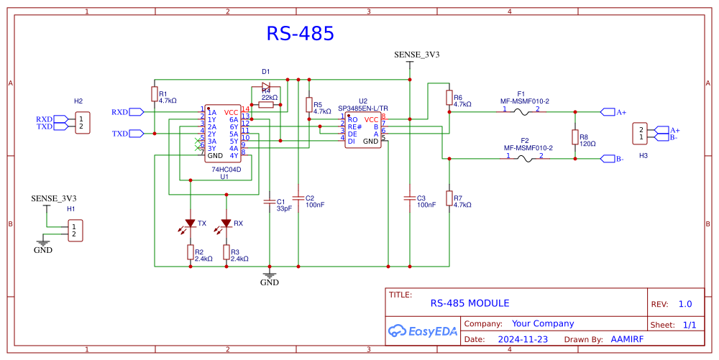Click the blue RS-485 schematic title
click(300, 34)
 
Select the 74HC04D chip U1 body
click(223, 134)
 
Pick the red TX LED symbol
click(190, 223)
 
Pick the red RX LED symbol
click(226, 223)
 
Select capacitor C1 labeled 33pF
click(270, 202)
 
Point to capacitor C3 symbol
click(409, 198)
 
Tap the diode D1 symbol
click(265, 86)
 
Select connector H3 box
click(639, 133)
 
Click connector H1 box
click(75, 231)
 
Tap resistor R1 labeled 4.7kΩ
click(154, 94)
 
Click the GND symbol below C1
click(270, 274)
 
